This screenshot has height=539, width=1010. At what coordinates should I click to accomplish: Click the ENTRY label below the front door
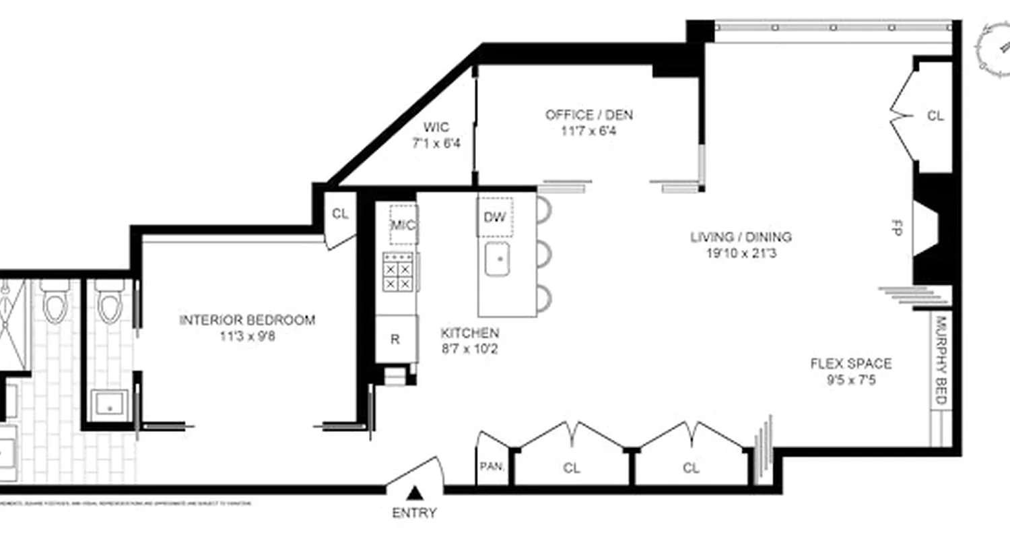[414, 513]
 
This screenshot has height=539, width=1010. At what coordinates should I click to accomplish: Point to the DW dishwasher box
[495, 217]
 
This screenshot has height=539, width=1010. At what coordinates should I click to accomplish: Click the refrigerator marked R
[395, 339]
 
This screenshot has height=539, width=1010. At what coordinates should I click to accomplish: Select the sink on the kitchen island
[500, 260]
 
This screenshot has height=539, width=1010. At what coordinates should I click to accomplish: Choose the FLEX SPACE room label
[850, 364]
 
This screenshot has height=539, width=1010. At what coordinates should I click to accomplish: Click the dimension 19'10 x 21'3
[741, 254]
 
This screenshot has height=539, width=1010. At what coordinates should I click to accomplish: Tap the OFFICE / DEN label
[588, 115]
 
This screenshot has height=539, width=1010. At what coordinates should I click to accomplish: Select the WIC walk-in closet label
[436, 127]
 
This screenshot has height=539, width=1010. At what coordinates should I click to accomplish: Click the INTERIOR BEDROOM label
[246, 320]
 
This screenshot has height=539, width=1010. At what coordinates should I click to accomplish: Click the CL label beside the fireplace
[935, 116]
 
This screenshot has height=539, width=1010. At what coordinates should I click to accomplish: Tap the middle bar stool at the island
[543, 254]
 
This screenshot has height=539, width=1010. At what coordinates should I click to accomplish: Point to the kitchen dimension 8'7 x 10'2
[469, 349]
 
